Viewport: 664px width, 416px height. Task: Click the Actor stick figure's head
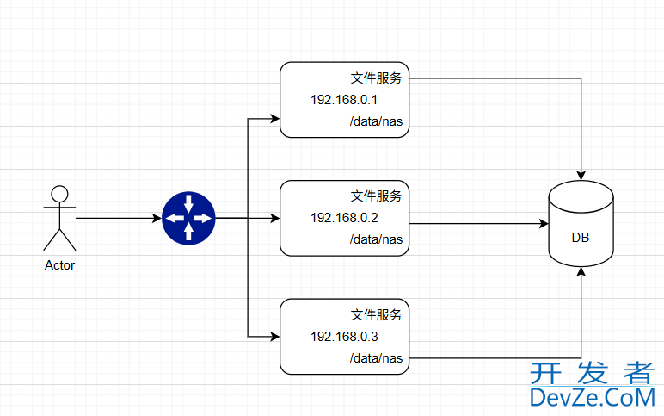59,193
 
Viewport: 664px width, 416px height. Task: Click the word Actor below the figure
59,265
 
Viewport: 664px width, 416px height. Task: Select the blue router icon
188,218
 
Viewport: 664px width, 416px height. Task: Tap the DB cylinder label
581,238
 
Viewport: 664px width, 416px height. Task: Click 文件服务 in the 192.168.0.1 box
376,78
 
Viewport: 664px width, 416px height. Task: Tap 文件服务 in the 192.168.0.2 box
376,196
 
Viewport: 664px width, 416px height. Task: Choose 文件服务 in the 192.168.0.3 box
376,314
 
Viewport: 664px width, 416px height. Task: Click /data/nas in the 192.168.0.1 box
376,122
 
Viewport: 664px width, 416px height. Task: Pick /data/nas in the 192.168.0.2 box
376,239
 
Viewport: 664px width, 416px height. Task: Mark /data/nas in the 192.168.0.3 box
376,357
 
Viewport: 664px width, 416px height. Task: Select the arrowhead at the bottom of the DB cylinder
581,271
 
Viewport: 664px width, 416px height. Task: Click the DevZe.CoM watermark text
592,397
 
